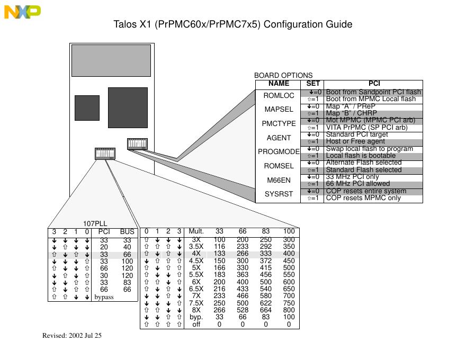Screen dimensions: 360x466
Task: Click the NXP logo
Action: click(x=22, y=12)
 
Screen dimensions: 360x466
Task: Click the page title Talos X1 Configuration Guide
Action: click(x=233, y=25)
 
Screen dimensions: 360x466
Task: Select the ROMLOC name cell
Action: click(x=279, y=96)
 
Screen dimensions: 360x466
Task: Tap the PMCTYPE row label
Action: click(x=279, y=124)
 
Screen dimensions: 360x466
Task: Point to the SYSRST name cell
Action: click(x=279, y=194)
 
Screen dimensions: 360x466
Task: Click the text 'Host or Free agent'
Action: click(x=355, y=141)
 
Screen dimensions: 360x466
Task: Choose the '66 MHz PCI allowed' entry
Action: click(x=357, y=184)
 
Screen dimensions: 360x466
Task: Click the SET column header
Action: click(x=313, y=84)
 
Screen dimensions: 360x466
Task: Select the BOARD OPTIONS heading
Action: click(x=283, y=76)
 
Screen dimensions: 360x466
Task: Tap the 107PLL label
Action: click(x=95, y=224)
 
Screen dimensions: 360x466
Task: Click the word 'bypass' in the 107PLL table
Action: click(x=104, y=298)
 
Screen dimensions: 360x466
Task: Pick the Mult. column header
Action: click(x=196, y=231)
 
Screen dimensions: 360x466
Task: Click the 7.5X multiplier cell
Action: click(x=196, y=303)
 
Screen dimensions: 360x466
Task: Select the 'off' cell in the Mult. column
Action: click(x=196, y=325)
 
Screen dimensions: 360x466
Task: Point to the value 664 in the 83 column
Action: click(x=266, y=310)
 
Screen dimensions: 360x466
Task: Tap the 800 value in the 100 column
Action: click(x=289, y=310)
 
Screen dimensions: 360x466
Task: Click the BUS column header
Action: click(x=127, y=232)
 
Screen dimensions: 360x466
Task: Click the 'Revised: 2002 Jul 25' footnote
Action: click(x=72, y=336)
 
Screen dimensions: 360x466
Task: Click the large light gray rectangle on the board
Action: click(x=111, y=60)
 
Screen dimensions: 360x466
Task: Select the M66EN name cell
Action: click(x=279, y=181)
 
